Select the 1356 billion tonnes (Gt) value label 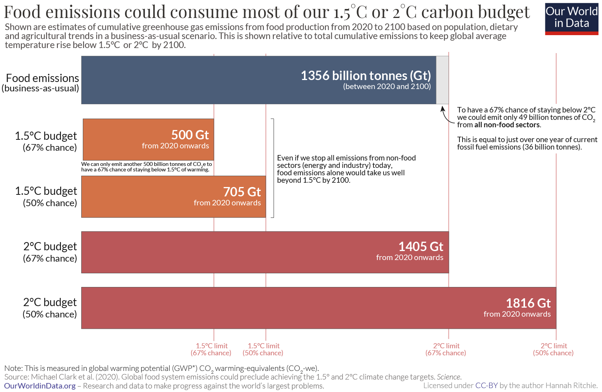(x=366, y=76)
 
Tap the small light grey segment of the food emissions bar (x=442, y=80)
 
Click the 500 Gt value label (x=190, y=135)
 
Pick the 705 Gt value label (x=242, y=192)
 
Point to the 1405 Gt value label (x=420, y=247)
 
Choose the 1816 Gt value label (x=528, y=303)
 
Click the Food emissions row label (x=42, y=83)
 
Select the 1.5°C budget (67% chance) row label (x=46, y=141)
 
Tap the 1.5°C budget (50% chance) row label (x=46, y=197)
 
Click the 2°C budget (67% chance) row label (x=50, y=252)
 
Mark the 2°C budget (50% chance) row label (x=50, y=308)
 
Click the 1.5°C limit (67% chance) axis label (x=211, y=349)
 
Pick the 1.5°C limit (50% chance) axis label (x=263, y=349)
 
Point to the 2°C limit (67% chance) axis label (x=446, y=349)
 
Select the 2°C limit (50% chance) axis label (x=554, y=349)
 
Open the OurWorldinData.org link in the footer (x=40, y=386)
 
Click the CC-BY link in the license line (x=486, y=385)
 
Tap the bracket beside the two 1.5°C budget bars (x=273, y=168)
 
